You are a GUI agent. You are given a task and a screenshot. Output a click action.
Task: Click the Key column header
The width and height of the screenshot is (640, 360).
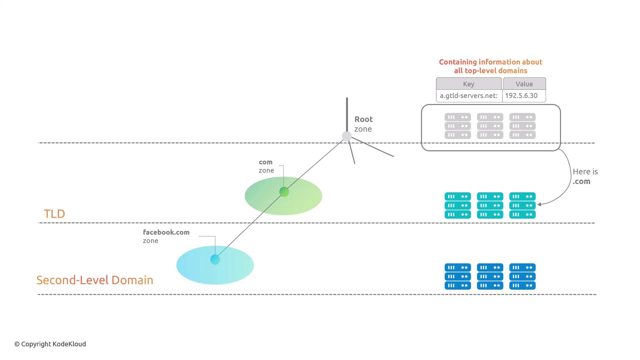pos(469,84)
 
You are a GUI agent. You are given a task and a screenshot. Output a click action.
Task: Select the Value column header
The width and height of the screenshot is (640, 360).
pos(524,84)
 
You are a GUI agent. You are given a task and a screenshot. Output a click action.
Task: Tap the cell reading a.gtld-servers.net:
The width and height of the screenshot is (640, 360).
pos(469,96)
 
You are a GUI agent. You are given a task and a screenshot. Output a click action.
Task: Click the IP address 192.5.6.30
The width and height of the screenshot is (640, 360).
pos(521,96)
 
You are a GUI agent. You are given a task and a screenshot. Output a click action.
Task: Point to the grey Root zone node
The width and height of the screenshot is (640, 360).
pos(347,136)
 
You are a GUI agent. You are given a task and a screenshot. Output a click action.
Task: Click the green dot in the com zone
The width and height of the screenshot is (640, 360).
pos(284,192)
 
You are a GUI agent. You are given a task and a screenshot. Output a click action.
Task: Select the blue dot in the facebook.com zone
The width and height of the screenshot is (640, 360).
pos(215,259)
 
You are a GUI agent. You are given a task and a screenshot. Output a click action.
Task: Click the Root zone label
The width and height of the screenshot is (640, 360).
pos(363,124)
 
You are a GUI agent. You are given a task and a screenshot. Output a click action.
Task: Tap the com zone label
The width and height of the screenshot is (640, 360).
pos(266,166)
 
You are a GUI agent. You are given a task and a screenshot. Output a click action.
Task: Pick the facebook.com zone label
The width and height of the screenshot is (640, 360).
pos(166,236)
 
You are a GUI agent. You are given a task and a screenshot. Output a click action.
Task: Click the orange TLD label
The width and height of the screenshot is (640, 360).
pos(54,214)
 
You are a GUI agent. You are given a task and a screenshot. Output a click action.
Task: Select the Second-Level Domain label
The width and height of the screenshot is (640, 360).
pos(95,280)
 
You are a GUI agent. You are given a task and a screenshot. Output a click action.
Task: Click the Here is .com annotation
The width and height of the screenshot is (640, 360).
pos(585,176)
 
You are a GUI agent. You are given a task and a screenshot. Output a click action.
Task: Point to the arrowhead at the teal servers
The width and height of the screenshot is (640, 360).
pos(539,204)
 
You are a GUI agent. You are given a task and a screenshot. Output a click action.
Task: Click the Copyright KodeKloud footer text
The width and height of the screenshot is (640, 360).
pos(50,344)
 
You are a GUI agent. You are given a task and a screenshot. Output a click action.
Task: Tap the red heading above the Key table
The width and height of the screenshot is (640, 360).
pos(490,66)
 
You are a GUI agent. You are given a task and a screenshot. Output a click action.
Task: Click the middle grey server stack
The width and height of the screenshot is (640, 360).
pos(490,126)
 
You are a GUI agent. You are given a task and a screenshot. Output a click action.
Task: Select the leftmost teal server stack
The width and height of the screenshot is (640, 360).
pos(458,205)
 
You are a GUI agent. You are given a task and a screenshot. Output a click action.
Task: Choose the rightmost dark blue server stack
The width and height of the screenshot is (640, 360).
pos(522,276)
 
